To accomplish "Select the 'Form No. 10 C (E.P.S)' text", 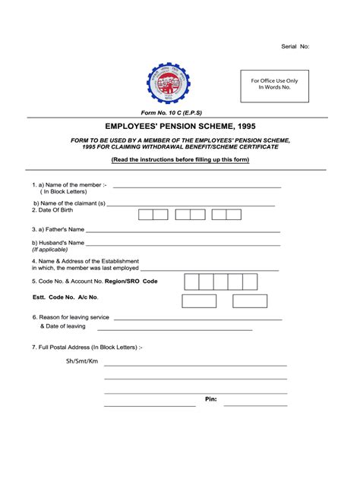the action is [x=169, y=112].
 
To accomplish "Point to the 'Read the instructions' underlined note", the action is [x=180, y=161].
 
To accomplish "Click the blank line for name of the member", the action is [x=197, y=186].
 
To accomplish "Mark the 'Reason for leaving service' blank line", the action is [x=199, y=319].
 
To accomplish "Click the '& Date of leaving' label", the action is [x=63, y=326].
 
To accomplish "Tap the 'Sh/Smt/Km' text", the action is [x=82, y=361].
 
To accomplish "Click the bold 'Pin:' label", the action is [x=211, y=399].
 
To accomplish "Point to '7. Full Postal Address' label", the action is [x=87, y=347].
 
